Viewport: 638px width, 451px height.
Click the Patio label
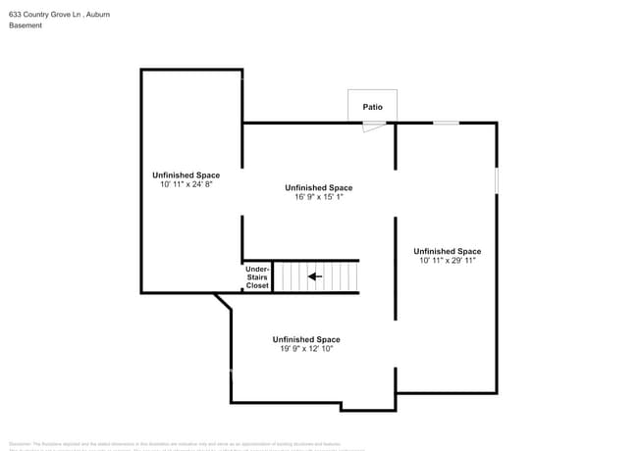coord(372,106)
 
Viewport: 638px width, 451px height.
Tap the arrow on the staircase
coord(314,276)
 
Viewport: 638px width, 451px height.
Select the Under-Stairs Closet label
coord(257,277)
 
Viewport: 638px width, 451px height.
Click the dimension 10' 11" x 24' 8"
coord(186,184)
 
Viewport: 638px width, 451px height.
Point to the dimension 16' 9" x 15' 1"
coord(318,197)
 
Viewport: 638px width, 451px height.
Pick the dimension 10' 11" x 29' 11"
coord(447,261)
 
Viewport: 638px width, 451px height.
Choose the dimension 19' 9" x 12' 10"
coord(306,348)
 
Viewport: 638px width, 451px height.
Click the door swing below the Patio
coord(374,127)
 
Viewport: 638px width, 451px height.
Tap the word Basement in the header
coord(26,25)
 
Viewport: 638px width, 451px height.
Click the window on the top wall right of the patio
coord(447,123)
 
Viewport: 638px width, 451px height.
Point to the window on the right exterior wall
coord(496,180)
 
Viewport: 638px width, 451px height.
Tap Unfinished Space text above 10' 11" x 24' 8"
coord(186,175)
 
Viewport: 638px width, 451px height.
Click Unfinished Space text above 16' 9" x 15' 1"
coord(318,187)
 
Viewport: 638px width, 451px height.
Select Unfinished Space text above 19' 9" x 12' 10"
coord(306,339)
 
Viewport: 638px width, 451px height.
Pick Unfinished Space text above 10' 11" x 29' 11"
coord(447,251)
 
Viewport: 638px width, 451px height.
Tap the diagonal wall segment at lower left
coord(223,301)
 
